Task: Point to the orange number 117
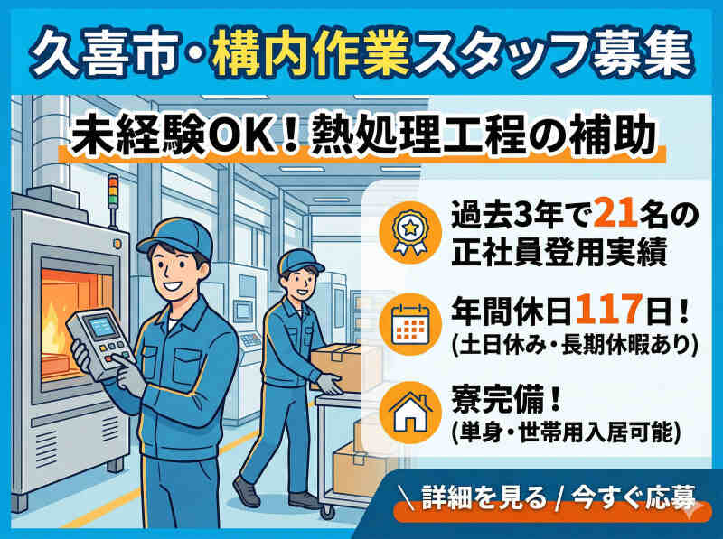(x=608, y=310)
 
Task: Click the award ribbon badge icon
(x=410, y=232)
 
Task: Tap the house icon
(x=410, y=413)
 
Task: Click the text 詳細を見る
(x=484, y=498)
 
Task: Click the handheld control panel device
(x=100, y=342)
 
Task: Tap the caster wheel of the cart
(x=328, y=511)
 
